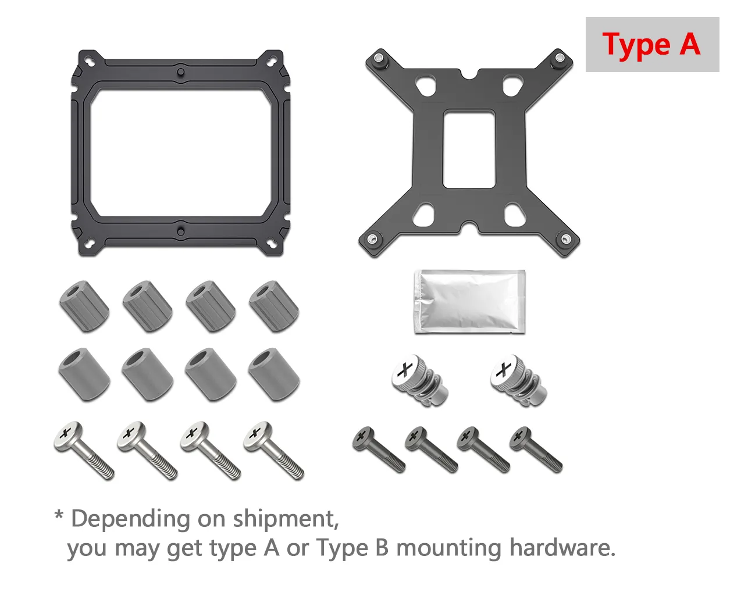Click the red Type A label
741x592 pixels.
[651, 45]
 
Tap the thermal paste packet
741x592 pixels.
[469, 302]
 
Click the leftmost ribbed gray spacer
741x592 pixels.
[84, 306]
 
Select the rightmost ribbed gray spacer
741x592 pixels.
[274, 306]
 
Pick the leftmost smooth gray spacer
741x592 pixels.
[84, 375]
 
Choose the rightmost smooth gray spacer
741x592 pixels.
[274, 375]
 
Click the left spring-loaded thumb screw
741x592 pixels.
[419, 380]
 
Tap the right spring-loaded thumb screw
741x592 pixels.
[519, 380]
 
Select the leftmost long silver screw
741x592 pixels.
[84, 451]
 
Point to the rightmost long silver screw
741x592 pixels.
[274, 451]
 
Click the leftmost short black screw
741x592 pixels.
[379, 450]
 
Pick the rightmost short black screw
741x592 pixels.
[536, 450]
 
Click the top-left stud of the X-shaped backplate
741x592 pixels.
[379, 58]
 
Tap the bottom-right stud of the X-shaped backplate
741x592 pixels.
[565, 238]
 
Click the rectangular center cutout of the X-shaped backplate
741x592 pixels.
[469, 149]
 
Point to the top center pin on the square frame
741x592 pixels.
[180, 72]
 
